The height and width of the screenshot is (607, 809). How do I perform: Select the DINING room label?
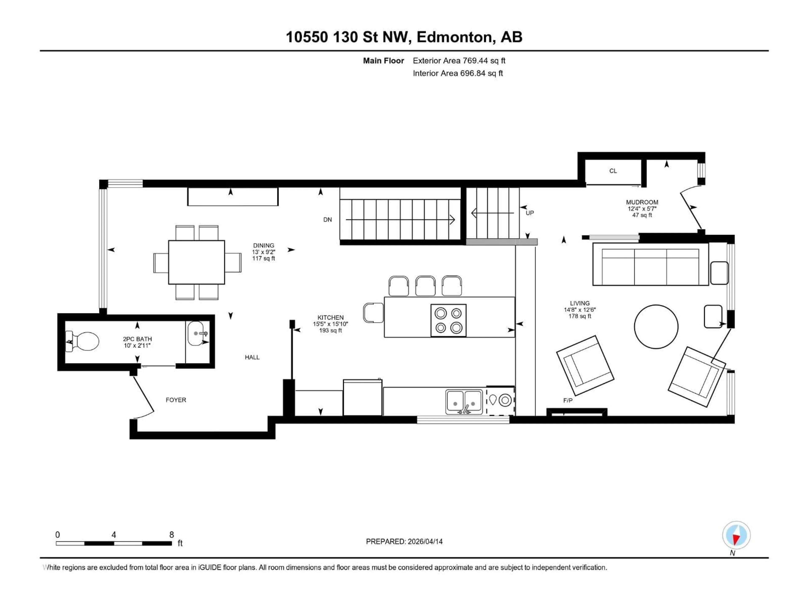pos(263,246)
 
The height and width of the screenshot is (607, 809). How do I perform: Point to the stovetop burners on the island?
pos(448,320)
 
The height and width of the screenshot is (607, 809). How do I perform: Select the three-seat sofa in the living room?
pos(650,264)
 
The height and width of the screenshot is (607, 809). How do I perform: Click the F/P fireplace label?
pos(568,401)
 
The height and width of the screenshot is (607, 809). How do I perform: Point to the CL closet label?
pos(613,171)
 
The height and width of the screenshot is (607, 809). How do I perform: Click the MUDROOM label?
pos(642,202)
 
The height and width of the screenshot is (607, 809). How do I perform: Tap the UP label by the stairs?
pos(530,213)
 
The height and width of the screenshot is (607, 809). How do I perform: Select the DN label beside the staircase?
pos(327,220)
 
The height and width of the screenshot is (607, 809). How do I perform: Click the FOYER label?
pos(176,400)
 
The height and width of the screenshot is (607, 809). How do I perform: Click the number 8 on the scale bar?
pos(171,534)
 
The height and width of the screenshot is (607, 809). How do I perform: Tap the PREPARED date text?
pos(404,541)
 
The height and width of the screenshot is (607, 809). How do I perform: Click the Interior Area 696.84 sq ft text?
pos(458,73)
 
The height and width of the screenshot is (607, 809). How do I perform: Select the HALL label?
pos(252,357)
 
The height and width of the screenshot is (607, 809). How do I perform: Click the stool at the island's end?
pos(373,313)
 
